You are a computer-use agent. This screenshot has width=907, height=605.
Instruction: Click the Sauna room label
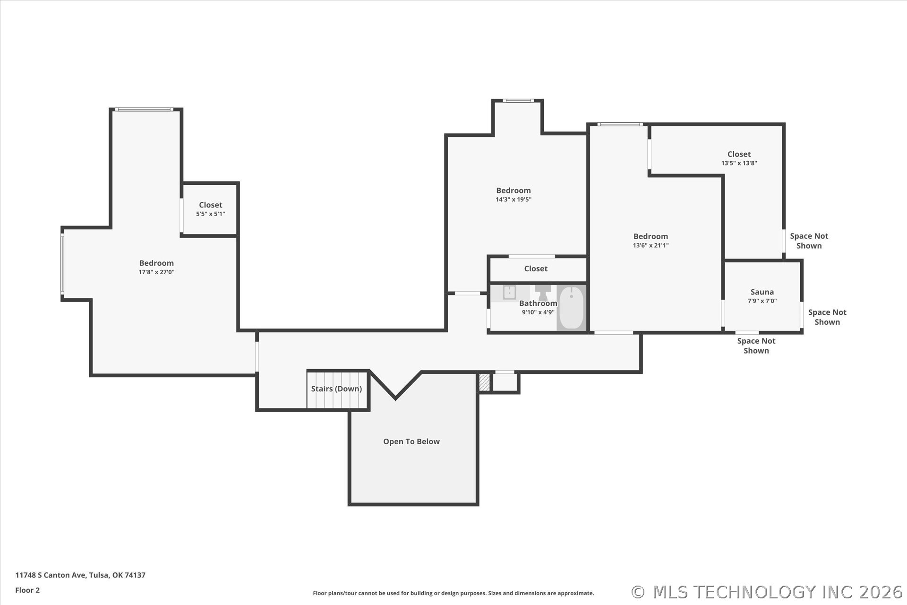(762, 292)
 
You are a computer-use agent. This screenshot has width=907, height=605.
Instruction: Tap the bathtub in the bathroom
(572, 308)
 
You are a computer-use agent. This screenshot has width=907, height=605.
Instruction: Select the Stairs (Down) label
(336, 389)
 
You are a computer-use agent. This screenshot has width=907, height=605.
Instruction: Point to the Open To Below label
(411, 441)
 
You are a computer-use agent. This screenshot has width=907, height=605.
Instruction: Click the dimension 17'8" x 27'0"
(156, 272)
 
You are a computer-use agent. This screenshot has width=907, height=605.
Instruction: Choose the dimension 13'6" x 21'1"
(651, 245)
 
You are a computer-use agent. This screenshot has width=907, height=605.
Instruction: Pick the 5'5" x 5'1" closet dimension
(211, 214)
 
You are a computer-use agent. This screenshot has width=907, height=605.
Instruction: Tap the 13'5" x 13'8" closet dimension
(739, 163)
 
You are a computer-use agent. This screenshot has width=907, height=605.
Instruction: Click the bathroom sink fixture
(509, 293)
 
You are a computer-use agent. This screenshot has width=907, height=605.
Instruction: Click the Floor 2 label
(27, 590)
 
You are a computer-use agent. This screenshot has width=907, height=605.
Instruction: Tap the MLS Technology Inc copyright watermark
(767, 592)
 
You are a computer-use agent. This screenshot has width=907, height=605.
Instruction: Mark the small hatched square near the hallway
(484, 382)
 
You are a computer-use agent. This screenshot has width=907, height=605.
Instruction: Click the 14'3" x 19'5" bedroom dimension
(513, 199)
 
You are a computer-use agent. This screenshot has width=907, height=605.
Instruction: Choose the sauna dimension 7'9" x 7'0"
(762, 301)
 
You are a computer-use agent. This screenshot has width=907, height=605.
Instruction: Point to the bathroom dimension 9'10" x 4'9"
(538, 312)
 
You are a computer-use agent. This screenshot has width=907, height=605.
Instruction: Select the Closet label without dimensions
(536, 268)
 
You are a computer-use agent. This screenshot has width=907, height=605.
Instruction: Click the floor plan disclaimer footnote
(453, 593)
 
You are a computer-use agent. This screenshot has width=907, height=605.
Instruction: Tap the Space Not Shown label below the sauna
(756, 346)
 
